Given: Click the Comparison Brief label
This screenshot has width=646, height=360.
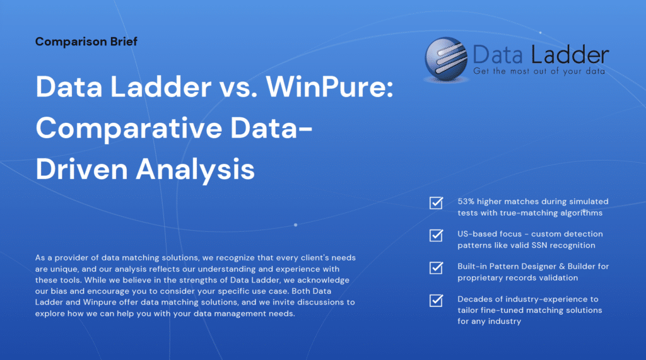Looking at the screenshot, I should tap(86, 42).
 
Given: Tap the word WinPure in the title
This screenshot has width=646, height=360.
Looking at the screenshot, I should tap(329, 86).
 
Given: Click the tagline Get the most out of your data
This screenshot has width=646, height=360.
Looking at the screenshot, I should tap(539, 71).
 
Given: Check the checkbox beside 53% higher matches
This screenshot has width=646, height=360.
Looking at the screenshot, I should tap(436, 202).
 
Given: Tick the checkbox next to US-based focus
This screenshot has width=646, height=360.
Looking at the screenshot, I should tap(436, 235).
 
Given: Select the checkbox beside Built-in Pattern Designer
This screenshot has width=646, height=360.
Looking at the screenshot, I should tap(436, 268).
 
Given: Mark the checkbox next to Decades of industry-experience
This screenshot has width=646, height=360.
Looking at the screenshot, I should tap(436, 300).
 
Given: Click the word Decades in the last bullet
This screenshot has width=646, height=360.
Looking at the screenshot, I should tap(474, 299).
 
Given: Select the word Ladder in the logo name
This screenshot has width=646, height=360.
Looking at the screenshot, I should tap(575, 55).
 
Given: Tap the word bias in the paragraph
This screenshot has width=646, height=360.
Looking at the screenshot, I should tap(62, 292).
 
